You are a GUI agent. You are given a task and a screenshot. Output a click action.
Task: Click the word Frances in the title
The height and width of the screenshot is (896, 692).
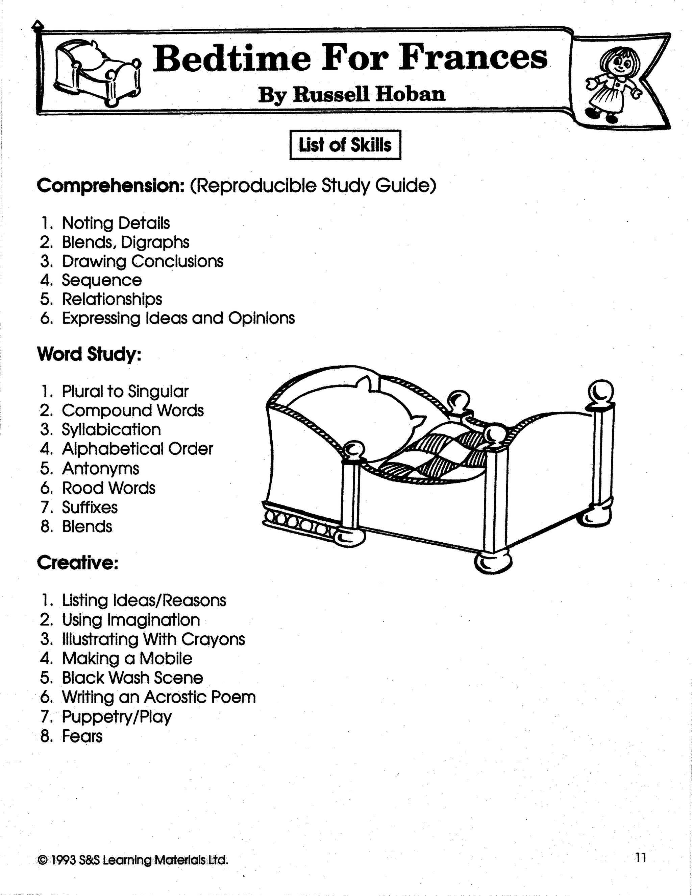(x=473, y=57)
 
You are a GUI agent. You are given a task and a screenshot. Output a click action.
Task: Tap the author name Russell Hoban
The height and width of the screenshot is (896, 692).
(x=351, y=94)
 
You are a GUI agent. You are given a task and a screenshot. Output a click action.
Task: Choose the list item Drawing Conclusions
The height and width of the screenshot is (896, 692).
(x=142, y=261)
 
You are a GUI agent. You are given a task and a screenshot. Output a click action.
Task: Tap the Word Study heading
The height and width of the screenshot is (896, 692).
(x=89, y=354)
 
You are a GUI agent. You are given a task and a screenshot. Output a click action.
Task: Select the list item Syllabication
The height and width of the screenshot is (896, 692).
(x=111, y=429)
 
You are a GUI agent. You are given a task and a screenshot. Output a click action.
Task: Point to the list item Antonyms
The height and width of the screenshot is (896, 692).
(x=100, y=469)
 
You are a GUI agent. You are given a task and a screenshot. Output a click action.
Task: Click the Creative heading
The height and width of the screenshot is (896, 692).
(x=77, y=563)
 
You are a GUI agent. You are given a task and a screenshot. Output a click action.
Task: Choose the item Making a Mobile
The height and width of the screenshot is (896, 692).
(x=127, y=658)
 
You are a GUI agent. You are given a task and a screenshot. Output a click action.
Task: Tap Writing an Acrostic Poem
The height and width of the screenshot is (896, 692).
(x=159, y=697)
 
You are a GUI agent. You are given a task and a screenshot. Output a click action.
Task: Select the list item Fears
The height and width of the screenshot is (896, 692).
(x=82, y=736)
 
